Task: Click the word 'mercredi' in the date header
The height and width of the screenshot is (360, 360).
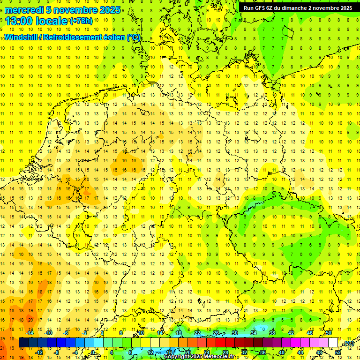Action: click(x=24, y=10)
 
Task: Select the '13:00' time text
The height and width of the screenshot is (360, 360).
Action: click(x=19, y=21)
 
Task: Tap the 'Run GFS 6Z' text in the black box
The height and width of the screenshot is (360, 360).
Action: click(x=257, y=8)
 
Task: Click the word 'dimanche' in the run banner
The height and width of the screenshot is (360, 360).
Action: click(x=293, y=8)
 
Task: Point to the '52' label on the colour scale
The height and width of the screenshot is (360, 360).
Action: click(x=338, y=352)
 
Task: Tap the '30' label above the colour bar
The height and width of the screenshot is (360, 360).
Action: click(x=235, y=333)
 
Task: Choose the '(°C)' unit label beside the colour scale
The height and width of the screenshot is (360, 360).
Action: click(x=349, y=344)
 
